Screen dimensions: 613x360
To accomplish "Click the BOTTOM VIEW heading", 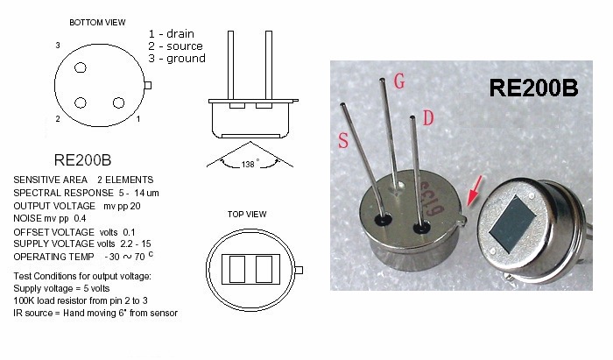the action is pos(97,22).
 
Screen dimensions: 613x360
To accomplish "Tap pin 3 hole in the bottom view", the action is pos(81,67).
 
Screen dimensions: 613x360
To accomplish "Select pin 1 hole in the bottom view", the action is pos(118,102).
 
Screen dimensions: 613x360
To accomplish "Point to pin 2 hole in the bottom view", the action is pos(81,102).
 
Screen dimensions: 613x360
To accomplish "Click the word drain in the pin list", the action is pos(180,34).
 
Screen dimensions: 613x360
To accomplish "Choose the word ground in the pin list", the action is pos(186,58).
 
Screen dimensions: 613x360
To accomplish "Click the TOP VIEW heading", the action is pos(247,215).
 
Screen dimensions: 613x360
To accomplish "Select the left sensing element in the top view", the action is pos(237,269).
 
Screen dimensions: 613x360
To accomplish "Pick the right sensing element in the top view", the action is pos(264,269).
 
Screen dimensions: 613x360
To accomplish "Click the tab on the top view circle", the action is pos(299,270).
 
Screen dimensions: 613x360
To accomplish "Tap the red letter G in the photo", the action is pos(399,81).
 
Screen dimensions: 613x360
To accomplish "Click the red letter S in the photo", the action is pos(343,140).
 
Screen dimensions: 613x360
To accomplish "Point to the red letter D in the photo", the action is pos(428,117).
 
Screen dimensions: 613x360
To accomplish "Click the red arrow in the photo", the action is pos(475,190).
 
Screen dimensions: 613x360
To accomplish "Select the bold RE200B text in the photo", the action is pos(533,88).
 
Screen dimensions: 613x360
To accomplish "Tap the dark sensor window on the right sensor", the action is pos(511,223).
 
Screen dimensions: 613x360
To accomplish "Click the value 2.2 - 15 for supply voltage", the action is pos(136,244).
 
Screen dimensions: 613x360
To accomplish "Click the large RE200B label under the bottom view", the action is pos(82,160).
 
